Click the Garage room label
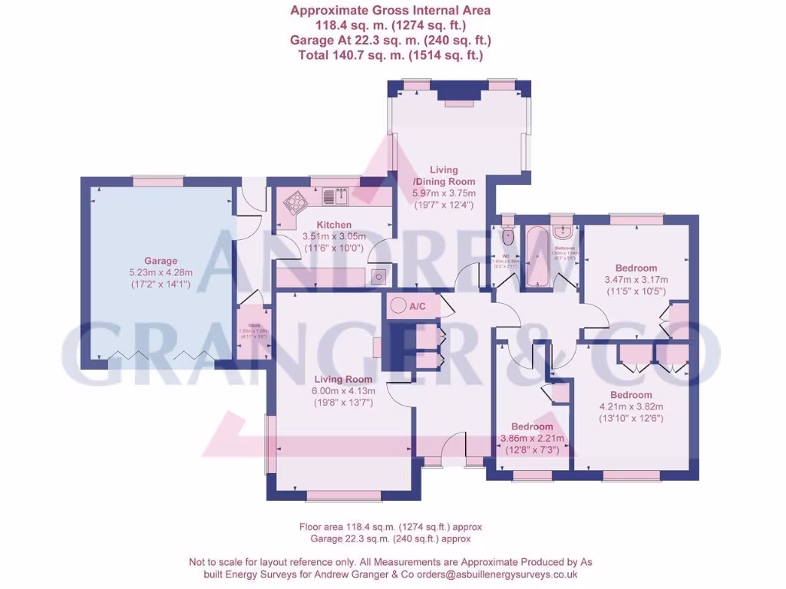(161, 261)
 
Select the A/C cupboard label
(418, 307)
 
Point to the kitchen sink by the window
(336, 196)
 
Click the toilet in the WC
(507, 232)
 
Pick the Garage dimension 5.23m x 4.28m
(161, 272)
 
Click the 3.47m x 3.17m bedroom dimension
(636, 280)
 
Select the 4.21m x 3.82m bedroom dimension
(631, 407)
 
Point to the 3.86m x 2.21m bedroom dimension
(532, 439)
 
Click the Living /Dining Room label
(444, 175)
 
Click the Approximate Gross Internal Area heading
(390, 11)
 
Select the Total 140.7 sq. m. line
(390, 55)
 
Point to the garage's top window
(158, 182)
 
